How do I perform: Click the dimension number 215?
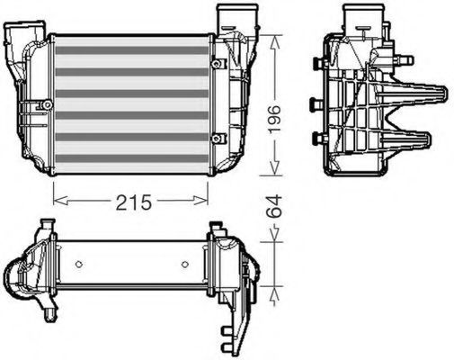134,202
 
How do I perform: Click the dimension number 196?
274,119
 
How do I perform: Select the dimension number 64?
274,206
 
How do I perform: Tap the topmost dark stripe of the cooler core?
132,50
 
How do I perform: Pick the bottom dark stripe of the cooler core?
132,158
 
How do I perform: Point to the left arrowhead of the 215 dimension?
61,201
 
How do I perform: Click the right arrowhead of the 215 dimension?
200,200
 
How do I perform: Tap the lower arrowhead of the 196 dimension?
274,167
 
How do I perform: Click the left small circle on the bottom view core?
79,265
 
